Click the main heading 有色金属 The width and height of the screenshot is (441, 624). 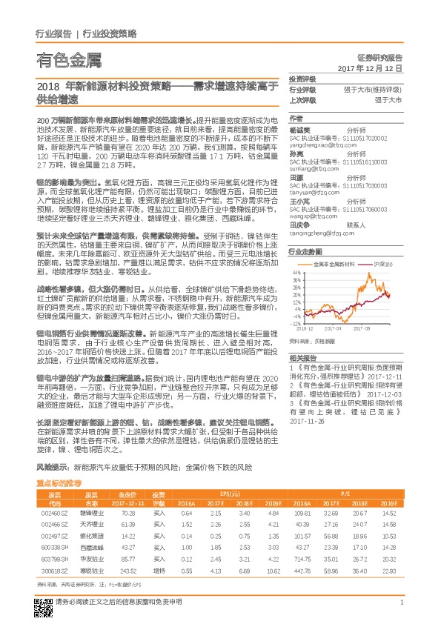(x=67, y=59)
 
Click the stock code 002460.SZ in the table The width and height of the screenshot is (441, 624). (x=54, y=513)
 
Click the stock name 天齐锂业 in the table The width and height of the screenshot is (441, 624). (x=90, y=523)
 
